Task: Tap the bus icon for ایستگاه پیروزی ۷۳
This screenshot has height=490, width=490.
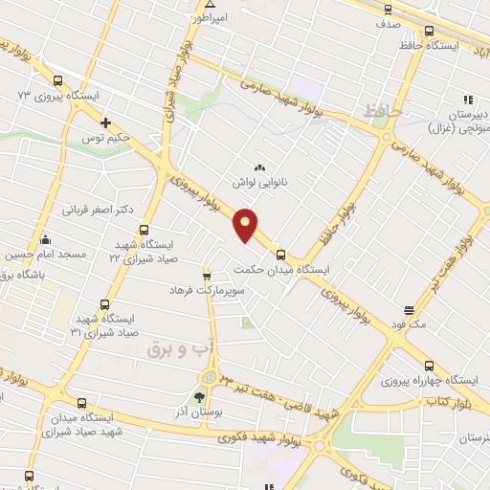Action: pyautogui.click(x=58, y=81)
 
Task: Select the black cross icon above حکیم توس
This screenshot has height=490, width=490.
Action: pyautogui.click(x=106, y=122)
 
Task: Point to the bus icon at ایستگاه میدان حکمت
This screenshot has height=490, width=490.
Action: pyautogui.click(x=280, y=255)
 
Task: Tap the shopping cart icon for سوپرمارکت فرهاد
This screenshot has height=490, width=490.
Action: pyautogui.click(x=206, y=275)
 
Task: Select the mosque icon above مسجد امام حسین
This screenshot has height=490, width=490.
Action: pyautogui.click(x=44, y=239)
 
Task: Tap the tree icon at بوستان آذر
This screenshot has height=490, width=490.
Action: pyautogui.click(x=200, y=397)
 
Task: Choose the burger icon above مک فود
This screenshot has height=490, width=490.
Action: pyautogui.click(x=409, y=310)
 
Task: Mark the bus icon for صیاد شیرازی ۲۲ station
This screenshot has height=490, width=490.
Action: pyautogui.click(x=144, y=230)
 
